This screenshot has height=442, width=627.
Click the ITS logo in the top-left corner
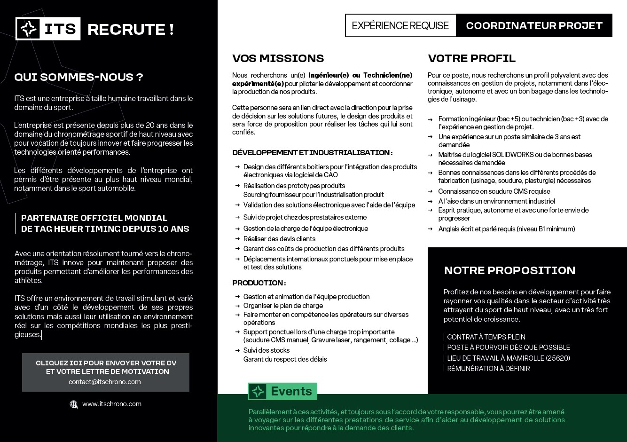[x=48, y=29]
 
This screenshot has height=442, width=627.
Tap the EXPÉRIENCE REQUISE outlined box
[x=400, y=25]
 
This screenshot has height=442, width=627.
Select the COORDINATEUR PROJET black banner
[x=534, y=25]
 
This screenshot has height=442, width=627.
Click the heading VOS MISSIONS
[x=278, y=58]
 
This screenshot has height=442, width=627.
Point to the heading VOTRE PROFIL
[x=471, y=58]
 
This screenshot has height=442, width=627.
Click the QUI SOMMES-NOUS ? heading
[x=78, y=77]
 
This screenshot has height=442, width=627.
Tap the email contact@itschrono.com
[x=105, y=382]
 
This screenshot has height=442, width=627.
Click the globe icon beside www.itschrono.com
[x=74, y=404]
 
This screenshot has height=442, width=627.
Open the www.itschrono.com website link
[x=112, y=404]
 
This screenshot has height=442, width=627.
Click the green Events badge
[x=282, y=391]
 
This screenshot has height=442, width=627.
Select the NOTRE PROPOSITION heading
[x=509, y=270]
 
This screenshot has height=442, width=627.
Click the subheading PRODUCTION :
[x=259, y=283]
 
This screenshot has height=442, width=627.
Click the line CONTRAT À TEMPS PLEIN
[x=486, y=337]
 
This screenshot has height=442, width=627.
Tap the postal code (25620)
[x=557, y=358]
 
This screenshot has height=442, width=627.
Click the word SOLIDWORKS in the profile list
[x=514, y=155]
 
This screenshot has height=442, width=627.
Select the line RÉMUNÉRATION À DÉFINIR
[x=488, y=369]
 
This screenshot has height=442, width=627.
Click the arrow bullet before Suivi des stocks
[x=238, y=350]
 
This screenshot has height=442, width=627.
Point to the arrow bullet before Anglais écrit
[x=430, y=229]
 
